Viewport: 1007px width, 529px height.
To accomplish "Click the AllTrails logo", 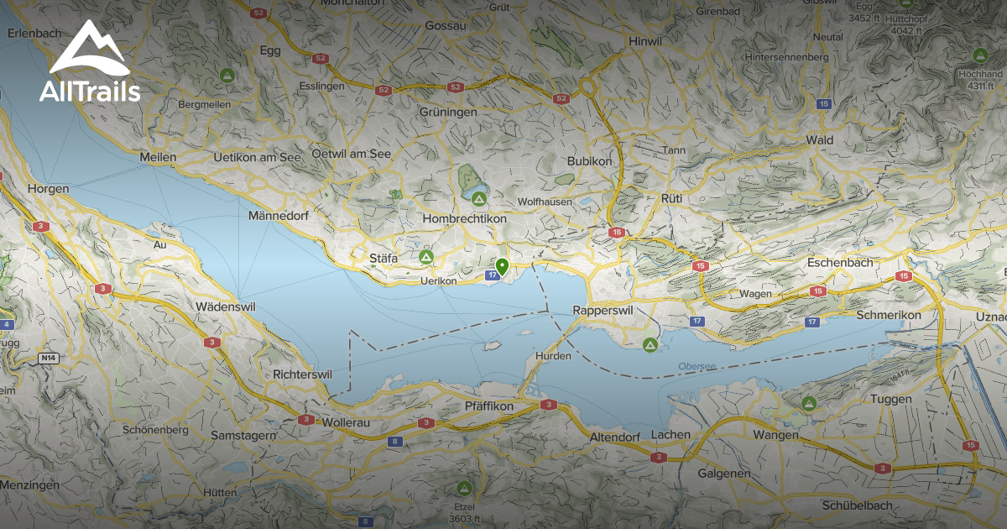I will pos(90,63).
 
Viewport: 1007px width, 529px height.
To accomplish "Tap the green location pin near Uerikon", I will pos(502,267).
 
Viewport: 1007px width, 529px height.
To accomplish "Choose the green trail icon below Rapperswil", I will pos(650,344).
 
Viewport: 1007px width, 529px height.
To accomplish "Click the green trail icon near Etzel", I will pos(463,488).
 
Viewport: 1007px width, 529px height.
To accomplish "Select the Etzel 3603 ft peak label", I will pos(464,512).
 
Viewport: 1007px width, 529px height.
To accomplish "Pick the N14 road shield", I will pos(49,359).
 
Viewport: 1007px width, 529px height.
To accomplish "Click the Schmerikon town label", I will pos(889,315).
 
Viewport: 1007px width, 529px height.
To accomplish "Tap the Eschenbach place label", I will pos(840,262).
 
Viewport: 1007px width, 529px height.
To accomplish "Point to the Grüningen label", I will pos(449,112).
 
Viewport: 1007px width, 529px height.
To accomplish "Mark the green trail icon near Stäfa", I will pos(425,257).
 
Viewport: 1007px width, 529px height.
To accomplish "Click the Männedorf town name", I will pos(279,216).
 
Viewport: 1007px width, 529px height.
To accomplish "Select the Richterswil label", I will pos(303,374).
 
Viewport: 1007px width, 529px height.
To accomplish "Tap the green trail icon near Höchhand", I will pos(979,55).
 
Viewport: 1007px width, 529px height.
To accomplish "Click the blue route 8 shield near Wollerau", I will pos(394,441).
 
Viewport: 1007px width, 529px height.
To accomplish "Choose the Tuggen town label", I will pos(891,399).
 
